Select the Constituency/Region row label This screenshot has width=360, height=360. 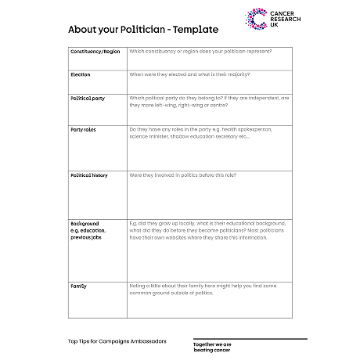(95, 52)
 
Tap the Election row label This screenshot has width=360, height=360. (81, 74)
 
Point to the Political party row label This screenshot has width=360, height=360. (87, 98)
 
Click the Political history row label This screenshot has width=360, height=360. (89, 175)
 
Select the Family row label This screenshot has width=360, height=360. (78, 286)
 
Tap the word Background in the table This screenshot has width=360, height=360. (85, 223)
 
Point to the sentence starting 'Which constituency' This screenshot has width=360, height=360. (200, 52)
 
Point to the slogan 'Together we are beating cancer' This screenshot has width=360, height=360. (212, 346)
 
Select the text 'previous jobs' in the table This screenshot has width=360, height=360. (85, 236)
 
